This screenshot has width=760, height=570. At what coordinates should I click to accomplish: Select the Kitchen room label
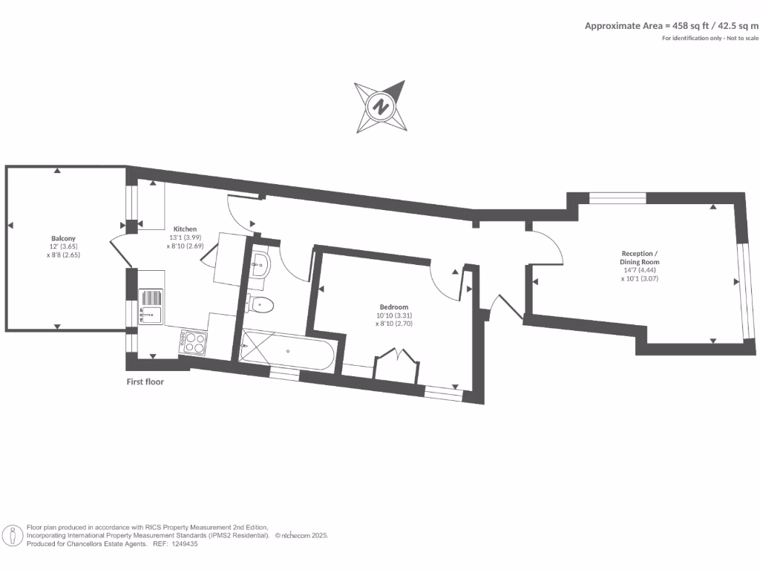pyautogui.click(x=185, y=229)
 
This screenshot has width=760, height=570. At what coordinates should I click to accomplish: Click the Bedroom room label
pyautogui.click(x=393, y=307)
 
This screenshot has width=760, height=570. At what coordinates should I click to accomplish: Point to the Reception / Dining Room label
pyautogui.click(x=640, y=258)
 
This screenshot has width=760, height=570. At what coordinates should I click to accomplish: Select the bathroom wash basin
pyautogui.click(x=261, y=263)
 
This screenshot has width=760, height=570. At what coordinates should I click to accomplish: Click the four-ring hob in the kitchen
pyautogui.click(x=194, y=342)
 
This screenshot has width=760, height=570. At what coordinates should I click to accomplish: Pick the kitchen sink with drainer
pyautogui.click(x=151, y=307)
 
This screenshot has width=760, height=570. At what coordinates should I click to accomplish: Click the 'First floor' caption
pyautogui.click(x=145, y=382)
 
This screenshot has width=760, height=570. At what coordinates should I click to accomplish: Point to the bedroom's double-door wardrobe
pyautogui.click(x=396, y=367)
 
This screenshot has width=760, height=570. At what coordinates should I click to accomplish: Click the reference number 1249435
pyautogui.click(x=184, y=544)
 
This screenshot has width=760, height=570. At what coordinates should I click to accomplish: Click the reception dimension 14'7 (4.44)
pyautogui.click(x=640, y=270)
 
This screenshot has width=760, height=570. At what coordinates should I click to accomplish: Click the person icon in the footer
pyautogui.click(x=13, y=535)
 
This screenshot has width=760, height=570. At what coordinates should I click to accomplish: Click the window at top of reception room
pyautogui.click(x=617, y=198)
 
